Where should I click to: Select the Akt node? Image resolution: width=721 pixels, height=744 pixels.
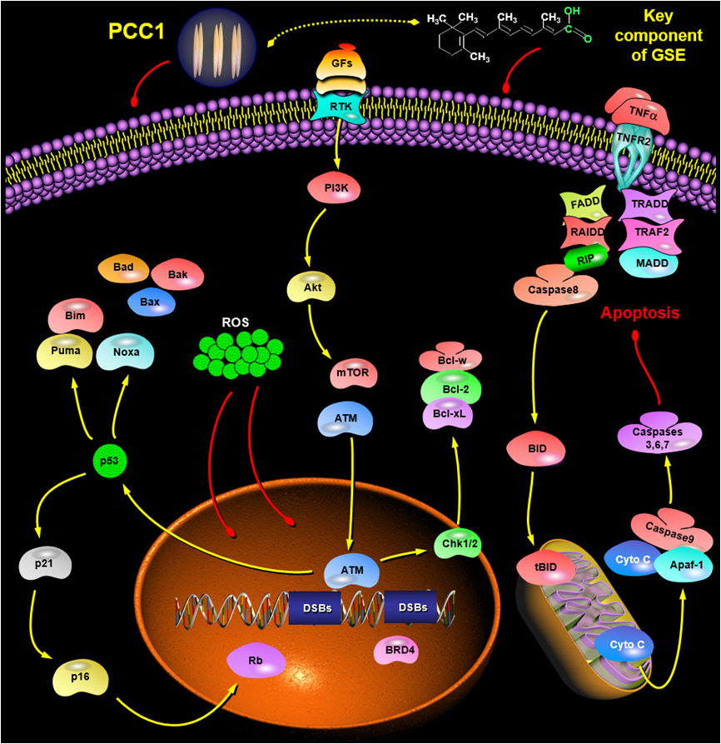pyautogui.click(x=311, y=288)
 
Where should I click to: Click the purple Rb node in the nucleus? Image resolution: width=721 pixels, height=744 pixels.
pyautogui.click(x=256, y=661)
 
